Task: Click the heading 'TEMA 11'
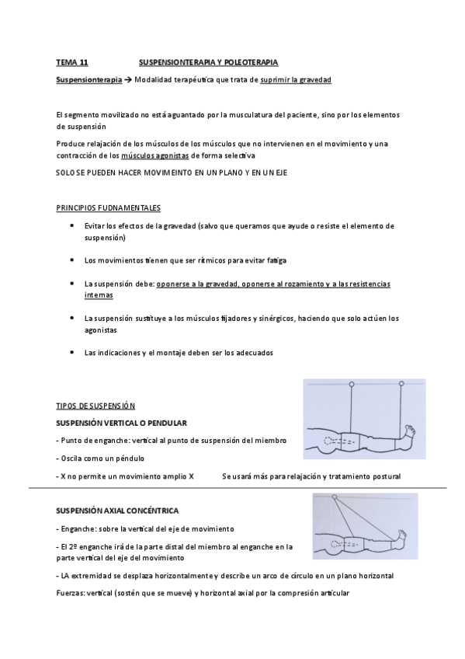(72, 61)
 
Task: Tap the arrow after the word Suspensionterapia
(128, 80)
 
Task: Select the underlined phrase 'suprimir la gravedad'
(296, 80)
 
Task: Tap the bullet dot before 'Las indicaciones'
(72, 352)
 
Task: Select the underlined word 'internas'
(99, 295)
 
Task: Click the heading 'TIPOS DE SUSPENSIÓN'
(96, 406)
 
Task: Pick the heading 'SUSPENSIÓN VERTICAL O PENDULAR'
(122, 423)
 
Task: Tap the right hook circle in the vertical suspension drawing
(402, 385)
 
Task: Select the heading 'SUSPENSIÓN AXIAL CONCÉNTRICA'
(118, 511)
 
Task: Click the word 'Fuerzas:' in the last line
(73, 593)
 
